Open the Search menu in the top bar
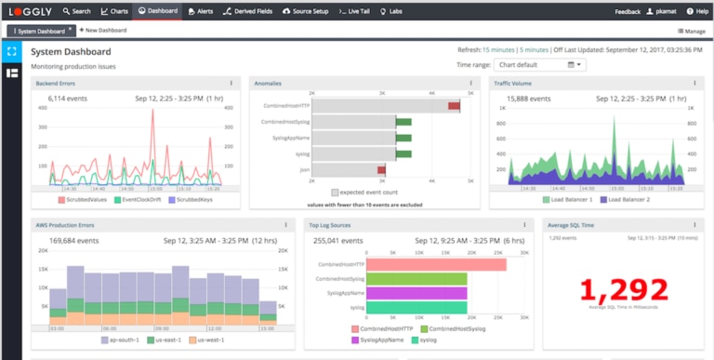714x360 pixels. pos(76,11)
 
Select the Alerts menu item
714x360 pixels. pos(200,11)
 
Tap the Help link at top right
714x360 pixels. pos(696,11)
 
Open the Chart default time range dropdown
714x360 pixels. pos(539,65)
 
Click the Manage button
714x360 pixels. pos(690,31)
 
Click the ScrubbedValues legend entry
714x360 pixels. pos(89,199)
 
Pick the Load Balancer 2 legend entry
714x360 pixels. pos(628,199)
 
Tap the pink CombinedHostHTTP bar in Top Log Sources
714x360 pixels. pos(429,264)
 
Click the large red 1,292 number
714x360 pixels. pos(625,289)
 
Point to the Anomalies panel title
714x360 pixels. pos(269,84)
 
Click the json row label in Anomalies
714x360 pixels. pos(304,169)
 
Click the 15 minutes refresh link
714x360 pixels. pos(498,50)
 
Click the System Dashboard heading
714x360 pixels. pos(71,52)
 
